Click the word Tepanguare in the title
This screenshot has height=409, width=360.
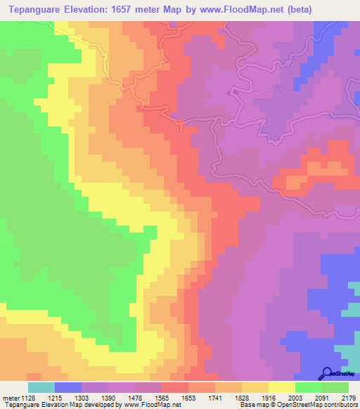click(36, 10)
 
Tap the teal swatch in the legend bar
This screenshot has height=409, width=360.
click(41, 387)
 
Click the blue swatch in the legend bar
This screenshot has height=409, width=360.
click(68, 387)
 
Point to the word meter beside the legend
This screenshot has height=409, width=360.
click(11, 396)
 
